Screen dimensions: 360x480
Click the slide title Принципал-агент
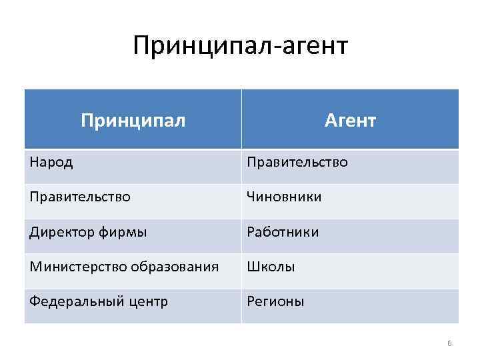click(x=240, y=46)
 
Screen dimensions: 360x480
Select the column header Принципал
click(x=133, y=120)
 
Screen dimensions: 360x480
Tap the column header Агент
click(x=350, y=120)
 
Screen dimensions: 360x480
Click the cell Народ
click(x=51, y=162)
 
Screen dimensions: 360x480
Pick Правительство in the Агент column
click(x=297, y=162)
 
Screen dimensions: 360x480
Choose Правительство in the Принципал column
click(x=79, y=197)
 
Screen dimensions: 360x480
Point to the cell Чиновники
click(x=284, y=197)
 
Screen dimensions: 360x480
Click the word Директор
click(x=59, y=233)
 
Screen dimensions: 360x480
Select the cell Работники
click(x=283, y=233)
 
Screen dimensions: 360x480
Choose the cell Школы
click(x=271, y=267)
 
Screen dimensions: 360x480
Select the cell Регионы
click(x=275, y=302)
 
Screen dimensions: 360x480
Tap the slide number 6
click(x=449, y=343)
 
